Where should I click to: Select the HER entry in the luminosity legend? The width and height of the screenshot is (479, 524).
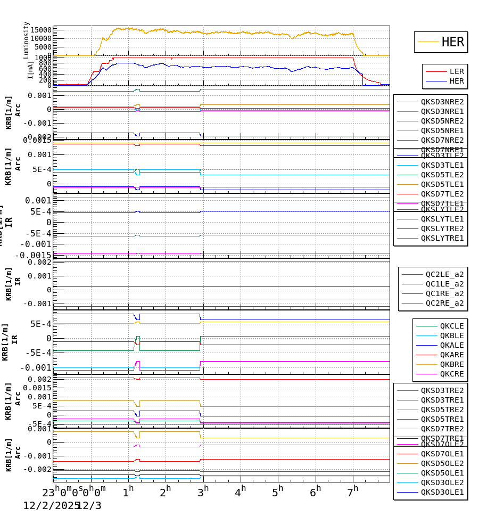[452, 42]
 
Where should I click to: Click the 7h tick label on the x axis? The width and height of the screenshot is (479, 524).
[352, 490]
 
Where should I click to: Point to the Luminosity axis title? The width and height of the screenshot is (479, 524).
[26, 40]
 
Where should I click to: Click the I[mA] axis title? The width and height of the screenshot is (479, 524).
[30, 70]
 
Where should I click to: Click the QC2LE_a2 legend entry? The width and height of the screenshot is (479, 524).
[444, 274]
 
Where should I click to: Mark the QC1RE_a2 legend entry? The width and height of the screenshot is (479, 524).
[444, 293]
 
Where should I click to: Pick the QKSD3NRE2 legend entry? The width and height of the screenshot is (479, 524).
[442, 102]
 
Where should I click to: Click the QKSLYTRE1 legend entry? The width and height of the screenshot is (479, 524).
[442, 238]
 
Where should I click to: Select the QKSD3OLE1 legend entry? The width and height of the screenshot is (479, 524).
[442, 492]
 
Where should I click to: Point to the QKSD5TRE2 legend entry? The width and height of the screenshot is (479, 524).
[442, 410]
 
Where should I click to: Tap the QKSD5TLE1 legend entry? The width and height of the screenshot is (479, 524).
[442, 184]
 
